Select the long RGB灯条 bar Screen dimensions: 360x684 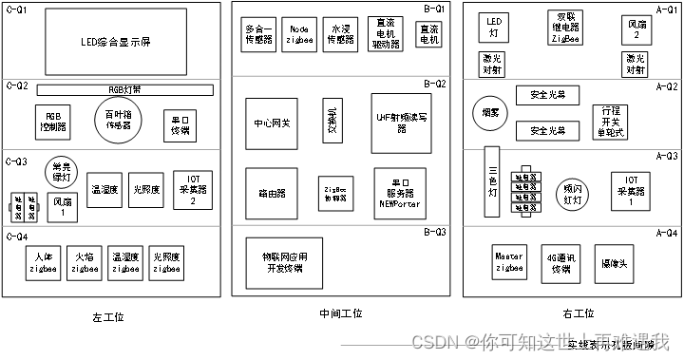click(124, 89)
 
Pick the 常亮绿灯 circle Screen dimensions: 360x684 click(60, 172)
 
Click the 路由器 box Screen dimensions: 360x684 click(271, 192)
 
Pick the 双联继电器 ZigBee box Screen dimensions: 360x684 click(566, 28)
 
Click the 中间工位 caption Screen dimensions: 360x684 click(341, 313)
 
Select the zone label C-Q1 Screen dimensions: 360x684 click(17, 9)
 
